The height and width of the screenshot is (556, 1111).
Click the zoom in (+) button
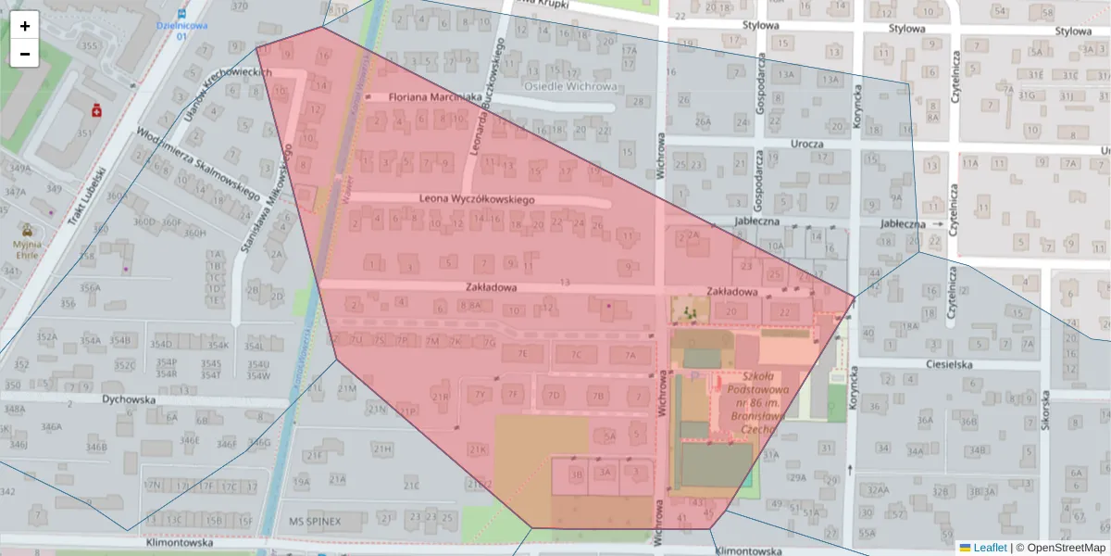(x=25, y=26)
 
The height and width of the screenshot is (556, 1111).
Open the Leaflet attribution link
(x=990, y=548)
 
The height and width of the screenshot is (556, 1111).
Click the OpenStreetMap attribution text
(x=1065, y=548)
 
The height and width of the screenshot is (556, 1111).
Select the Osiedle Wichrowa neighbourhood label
(x=570, y=86)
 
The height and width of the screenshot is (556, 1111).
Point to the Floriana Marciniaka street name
(x=435, y=96)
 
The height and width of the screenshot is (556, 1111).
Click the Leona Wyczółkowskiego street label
(x=477, y=198)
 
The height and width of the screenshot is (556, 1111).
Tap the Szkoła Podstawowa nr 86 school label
(x=759, y=403)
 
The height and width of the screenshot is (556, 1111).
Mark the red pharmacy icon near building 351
(x=96, y=110)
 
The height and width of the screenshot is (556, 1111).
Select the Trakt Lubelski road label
(x=89, y=196)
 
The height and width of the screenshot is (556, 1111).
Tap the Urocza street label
(x=807, y=144)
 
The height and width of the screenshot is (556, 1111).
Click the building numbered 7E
(x=523, y=354)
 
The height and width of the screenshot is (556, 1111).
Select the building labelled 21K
(x=477, y=449)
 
